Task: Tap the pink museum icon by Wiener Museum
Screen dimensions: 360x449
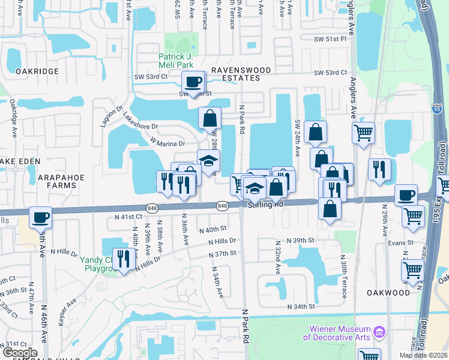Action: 379,332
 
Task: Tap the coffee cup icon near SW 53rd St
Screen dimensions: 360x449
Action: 193,82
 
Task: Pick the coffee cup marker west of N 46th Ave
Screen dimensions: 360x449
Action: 41,217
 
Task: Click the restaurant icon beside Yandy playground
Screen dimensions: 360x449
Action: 124,259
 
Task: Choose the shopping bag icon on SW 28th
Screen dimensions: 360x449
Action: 209,118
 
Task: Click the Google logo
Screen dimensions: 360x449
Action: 19,353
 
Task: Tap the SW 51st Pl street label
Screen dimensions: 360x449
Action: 330,38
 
